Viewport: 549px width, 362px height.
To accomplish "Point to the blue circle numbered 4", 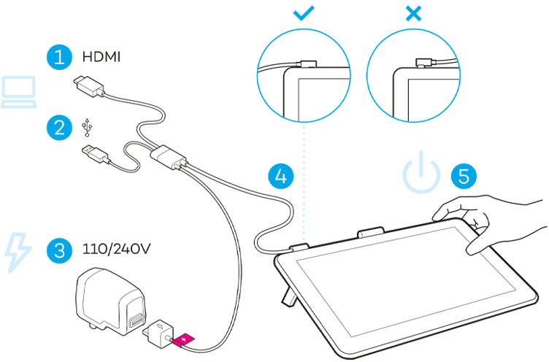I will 280,177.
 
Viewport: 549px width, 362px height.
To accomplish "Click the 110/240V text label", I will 118,250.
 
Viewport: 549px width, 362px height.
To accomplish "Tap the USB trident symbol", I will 88,128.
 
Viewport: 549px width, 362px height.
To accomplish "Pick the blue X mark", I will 413,14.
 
